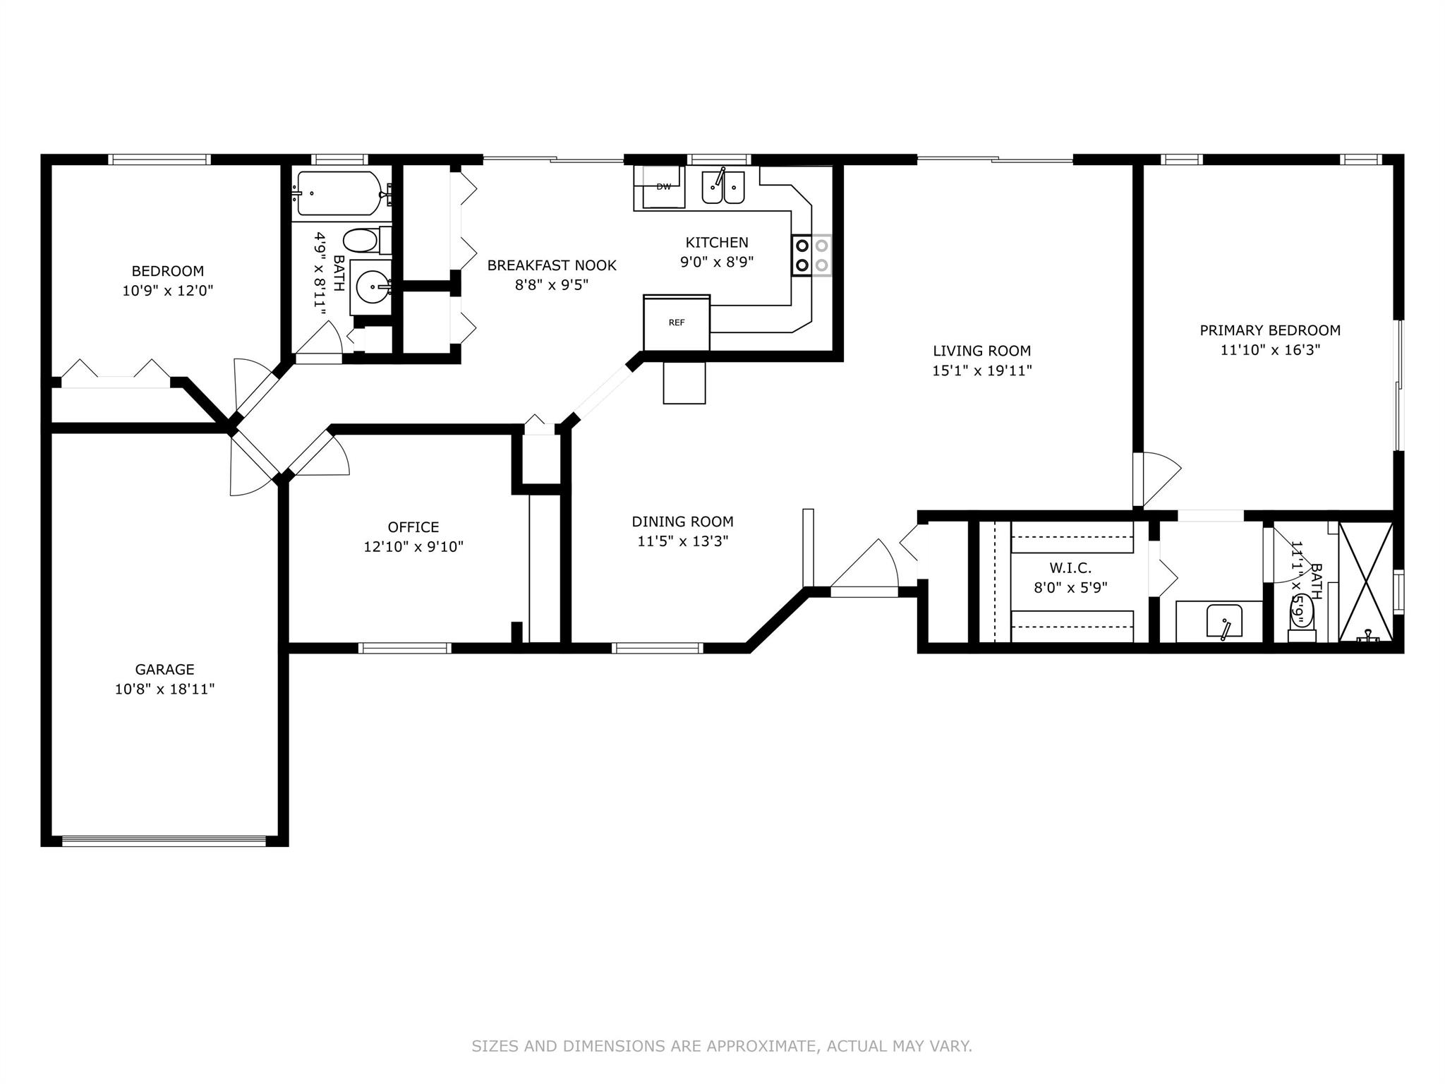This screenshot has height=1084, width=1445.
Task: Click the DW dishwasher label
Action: [663, 187]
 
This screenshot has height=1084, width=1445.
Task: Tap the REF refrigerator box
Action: [677, 323]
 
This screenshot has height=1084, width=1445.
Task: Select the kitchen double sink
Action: [723, 187]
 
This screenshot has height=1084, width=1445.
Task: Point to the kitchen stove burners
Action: [811, 255]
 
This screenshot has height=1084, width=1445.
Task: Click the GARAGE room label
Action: [164, 669]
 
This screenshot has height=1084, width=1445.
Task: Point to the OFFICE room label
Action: [413, 527]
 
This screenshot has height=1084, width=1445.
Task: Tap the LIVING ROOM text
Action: [981, 351]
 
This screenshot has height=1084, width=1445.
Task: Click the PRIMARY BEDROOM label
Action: [1270, 330]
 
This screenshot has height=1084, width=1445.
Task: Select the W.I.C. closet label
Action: [1070, 567]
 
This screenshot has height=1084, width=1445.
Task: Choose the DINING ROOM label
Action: [682, 522]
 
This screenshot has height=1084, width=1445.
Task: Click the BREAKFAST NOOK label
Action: [552, 265]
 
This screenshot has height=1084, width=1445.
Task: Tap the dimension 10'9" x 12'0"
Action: [168, 290]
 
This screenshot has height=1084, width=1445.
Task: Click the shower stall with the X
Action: [1366, 582]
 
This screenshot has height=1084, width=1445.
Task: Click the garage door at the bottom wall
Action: [164, 841]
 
